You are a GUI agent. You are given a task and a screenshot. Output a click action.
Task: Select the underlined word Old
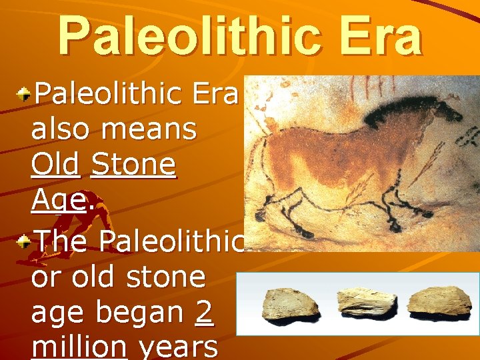pyautogui.click(x=55, y=165)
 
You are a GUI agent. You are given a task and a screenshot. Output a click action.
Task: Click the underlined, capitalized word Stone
pyautogui.click(x=133, y=165)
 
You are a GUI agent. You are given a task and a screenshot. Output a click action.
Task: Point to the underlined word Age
pyautogui.click(x=58, y=201)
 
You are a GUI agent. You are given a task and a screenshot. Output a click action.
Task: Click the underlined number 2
pyautogui.click(x=205, y=312)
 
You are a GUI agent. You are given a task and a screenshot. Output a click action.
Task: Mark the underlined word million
pyautogui.click(x=79, y=347)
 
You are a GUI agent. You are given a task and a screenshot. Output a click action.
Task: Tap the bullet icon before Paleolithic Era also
pyautogui.click(x=23, y=95)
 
